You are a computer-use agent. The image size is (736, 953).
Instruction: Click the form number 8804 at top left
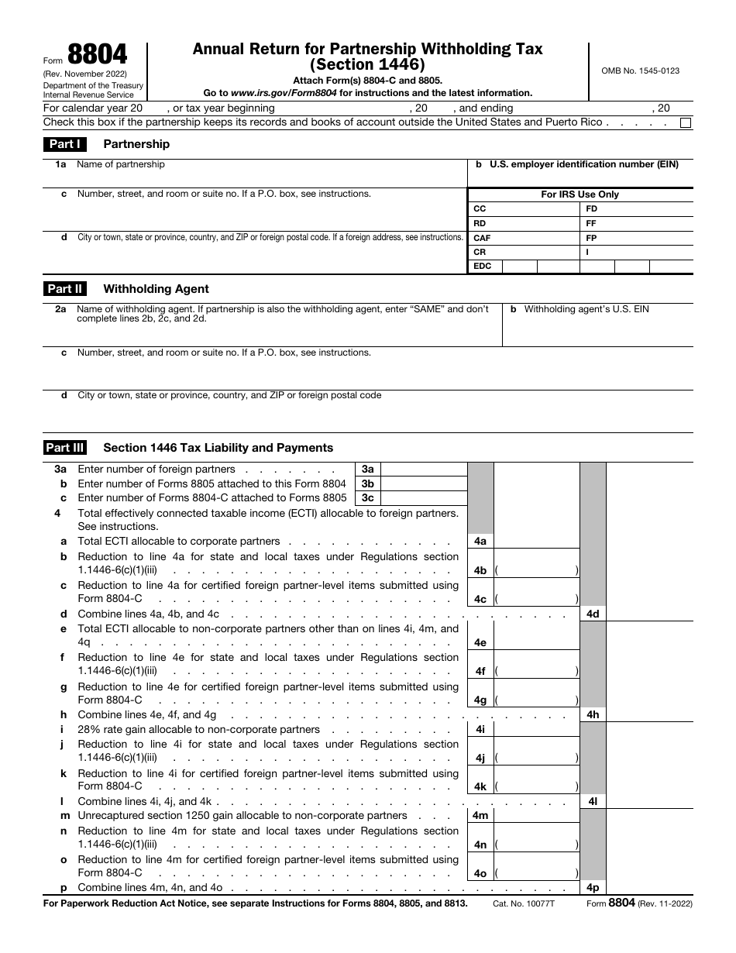[97, 57]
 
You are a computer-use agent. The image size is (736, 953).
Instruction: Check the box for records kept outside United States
[686, 122]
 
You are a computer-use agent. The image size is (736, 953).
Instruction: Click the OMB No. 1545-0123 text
[640, 71]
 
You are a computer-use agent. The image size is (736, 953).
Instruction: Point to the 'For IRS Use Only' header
[580, 194]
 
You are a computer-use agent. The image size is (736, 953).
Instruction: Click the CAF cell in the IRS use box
[482, 239]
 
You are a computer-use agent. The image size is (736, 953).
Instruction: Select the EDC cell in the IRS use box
[482, 267]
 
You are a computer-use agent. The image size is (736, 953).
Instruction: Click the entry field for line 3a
[424, 470]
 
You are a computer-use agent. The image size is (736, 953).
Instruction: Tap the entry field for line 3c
[424, 498]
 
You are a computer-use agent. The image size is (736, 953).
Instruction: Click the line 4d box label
[593, 614]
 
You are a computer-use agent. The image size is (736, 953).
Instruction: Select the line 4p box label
[593, 888]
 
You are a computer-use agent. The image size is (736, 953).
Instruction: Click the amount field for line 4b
[536, 570]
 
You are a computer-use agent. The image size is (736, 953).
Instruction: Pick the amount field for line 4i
[536, 729]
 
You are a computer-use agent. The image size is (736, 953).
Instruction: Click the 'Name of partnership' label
[121, 164]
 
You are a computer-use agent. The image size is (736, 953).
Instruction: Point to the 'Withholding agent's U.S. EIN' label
[586, 309]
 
